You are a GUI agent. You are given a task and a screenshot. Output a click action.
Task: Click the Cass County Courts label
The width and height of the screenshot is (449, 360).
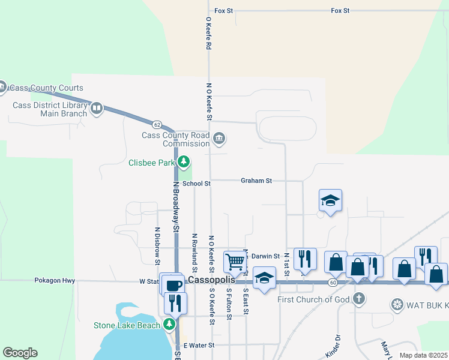[x=46, y=88]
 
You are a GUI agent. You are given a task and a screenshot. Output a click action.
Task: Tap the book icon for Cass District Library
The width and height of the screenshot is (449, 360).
[x=97, y=109]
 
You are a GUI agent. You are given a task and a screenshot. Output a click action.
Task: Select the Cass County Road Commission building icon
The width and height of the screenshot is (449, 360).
[x=218, y=139]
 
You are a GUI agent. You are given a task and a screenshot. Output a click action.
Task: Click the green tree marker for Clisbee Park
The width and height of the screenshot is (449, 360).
[x=184, y=162]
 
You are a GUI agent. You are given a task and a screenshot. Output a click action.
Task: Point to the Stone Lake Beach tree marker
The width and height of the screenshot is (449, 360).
[x=170, y=325]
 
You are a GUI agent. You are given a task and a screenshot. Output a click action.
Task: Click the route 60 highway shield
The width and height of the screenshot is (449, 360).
[x=333, y=281]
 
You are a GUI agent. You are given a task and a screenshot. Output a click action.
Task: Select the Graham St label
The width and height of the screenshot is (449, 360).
[x=256, y=180]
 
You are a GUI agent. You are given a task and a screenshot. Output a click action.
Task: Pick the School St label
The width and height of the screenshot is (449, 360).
[x=196, y=184]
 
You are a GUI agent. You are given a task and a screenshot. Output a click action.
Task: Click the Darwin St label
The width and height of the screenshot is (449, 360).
[x=265, y=256]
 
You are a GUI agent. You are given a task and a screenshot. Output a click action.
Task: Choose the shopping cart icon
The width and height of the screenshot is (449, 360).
[x=235, y=261]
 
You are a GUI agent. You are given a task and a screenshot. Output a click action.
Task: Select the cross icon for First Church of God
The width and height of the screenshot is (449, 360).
[x=358, y=298]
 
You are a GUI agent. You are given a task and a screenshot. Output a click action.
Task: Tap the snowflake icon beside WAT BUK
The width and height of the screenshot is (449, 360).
[x=397, y=305]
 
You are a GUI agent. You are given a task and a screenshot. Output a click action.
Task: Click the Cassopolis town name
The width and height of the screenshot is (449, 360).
[x=210, y=280]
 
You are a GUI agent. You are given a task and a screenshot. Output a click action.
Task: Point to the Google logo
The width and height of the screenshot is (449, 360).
[x=20, y=353]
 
